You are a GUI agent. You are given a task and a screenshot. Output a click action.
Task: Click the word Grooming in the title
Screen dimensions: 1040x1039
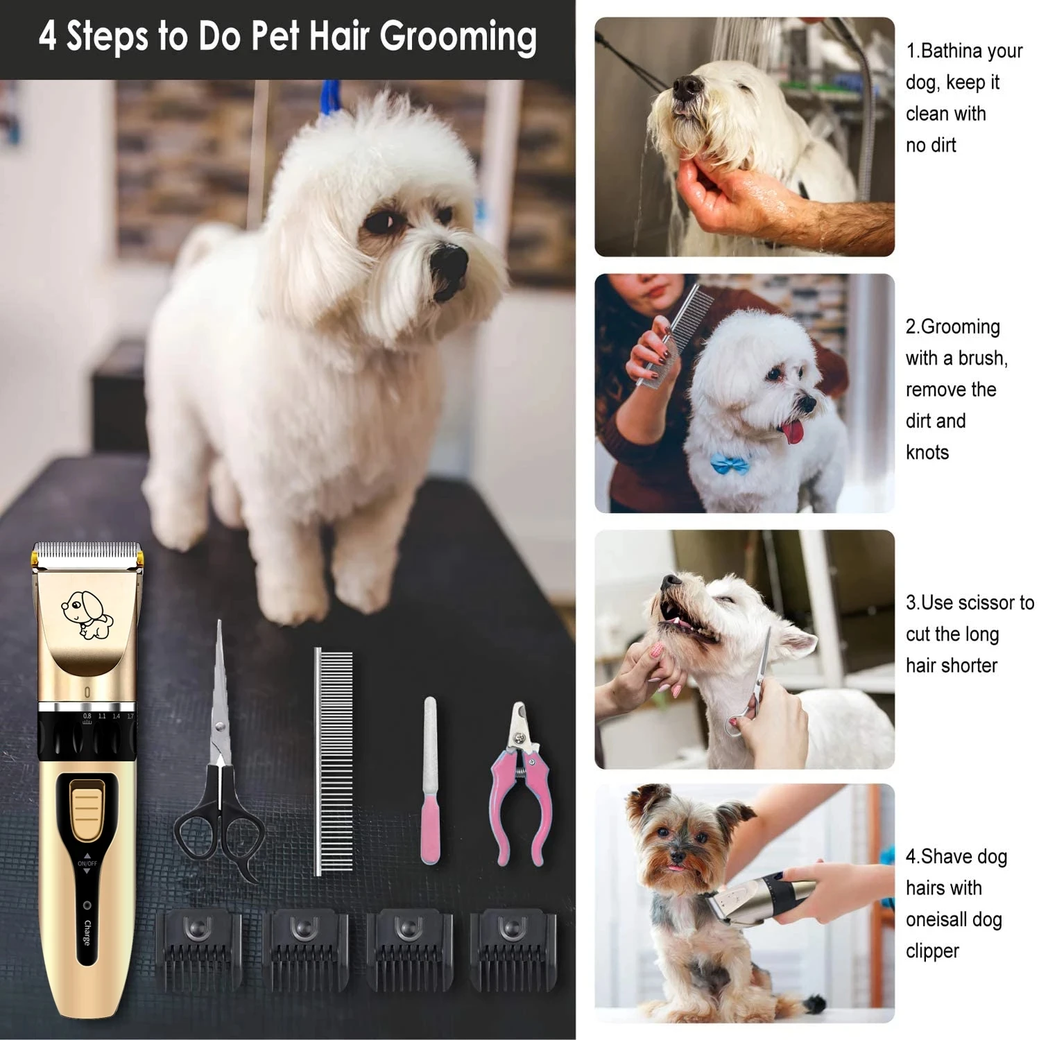[x=458, y=37]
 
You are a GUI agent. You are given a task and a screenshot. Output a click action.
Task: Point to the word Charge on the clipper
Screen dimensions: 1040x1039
[x=87, y=933]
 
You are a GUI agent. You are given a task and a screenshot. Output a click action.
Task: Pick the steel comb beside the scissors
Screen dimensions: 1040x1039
[x=334, y=759]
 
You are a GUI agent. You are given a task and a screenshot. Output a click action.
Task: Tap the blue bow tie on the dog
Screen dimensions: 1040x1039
[x=731, y=463]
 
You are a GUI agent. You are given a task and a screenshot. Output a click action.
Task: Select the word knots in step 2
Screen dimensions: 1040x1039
[x=927, y=453]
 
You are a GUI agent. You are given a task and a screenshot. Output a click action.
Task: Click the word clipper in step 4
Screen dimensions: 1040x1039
[x=932, y=951]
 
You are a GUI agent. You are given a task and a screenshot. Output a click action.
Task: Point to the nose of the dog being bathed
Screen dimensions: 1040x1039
[x=687, y=86]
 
